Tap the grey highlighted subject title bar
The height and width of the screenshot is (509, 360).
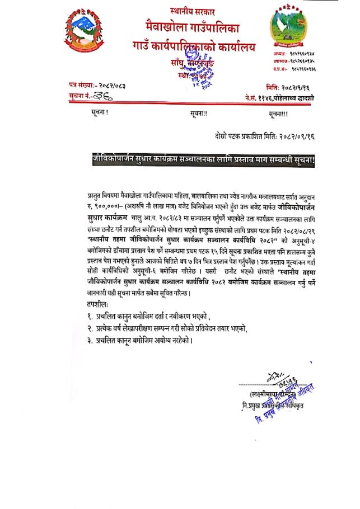pyautogui.click(x=204, y=161)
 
